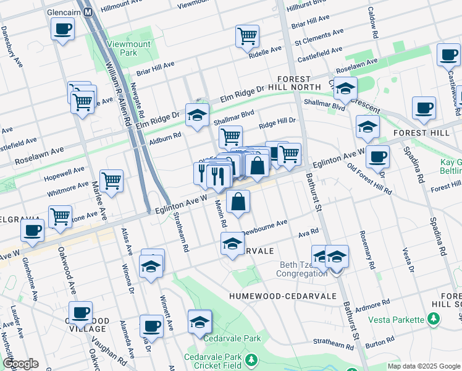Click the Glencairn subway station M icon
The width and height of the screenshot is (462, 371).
[88, 12]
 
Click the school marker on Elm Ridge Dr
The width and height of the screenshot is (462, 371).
[197, 116]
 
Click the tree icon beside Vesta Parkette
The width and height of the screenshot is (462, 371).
[435, 319]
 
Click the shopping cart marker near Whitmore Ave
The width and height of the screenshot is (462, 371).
[111, 181]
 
